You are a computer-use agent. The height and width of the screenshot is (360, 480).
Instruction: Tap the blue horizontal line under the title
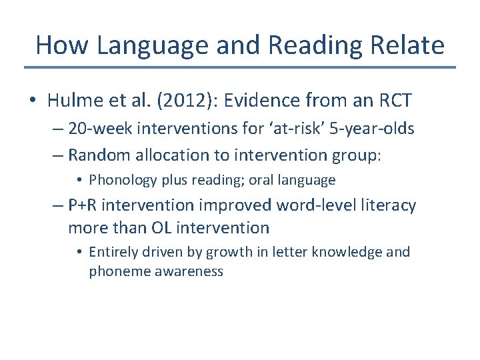pos(240,67)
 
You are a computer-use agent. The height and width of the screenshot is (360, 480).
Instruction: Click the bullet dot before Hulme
pos(33,101)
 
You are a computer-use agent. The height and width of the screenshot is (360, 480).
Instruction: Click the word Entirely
pos(113,253)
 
